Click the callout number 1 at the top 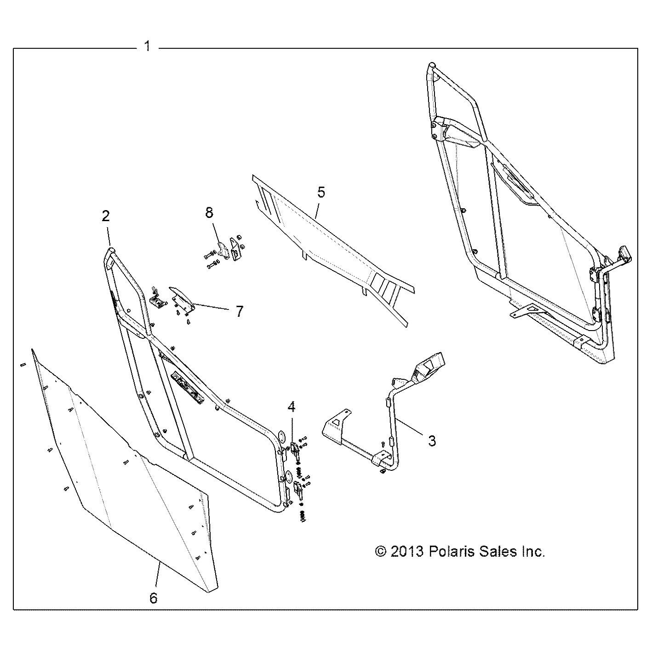point(147,46)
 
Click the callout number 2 point(106,216)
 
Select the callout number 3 point(432,440)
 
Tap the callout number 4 point(292,406)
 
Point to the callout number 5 point(321,192)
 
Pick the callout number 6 point(154,598)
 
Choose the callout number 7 point(239,311)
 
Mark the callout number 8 point(209,212)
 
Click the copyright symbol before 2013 point(381,551)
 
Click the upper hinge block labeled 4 point(296,447)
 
